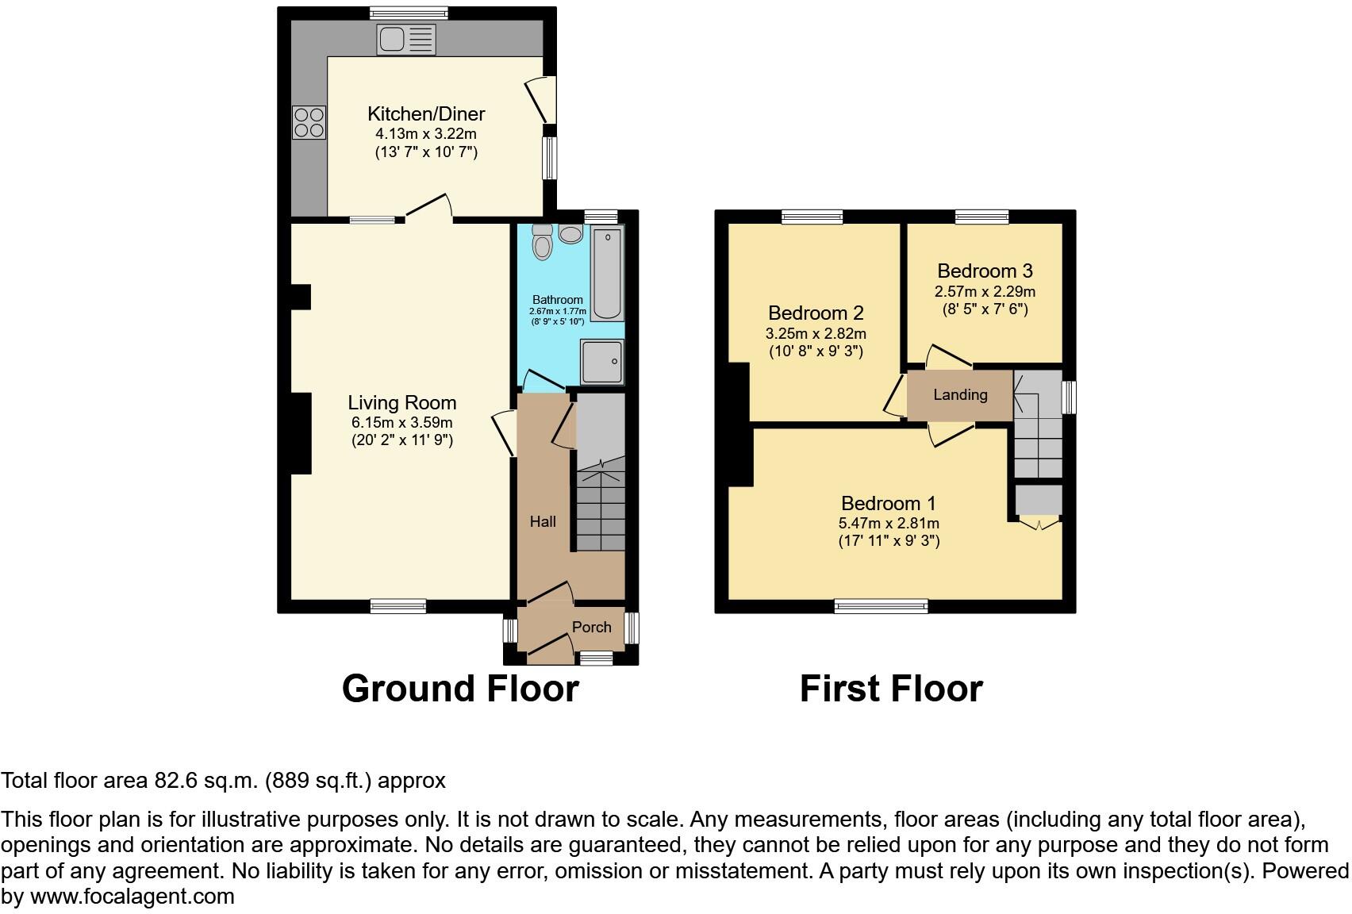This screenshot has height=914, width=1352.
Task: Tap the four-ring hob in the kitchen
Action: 309,122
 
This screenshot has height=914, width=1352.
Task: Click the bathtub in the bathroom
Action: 608,273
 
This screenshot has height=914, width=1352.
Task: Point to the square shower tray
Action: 602,362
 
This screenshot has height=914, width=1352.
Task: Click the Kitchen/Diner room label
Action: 426,113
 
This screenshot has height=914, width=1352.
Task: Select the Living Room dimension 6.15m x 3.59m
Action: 401,422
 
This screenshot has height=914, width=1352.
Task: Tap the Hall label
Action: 543,521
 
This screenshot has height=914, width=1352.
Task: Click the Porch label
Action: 592,627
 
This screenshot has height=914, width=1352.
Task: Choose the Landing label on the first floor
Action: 960,394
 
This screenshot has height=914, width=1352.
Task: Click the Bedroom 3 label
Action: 985,271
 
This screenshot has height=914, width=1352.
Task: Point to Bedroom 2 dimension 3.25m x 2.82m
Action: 816,333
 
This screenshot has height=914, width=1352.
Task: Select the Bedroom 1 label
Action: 889,503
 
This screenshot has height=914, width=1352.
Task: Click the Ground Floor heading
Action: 460,689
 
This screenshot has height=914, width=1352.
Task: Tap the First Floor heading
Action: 891,689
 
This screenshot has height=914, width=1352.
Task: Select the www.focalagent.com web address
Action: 133,897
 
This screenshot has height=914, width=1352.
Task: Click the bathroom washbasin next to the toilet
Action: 570,234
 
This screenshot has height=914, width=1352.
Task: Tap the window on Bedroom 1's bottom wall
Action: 881,607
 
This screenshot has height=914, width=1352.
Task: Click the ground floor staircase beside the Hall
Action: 601,508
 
